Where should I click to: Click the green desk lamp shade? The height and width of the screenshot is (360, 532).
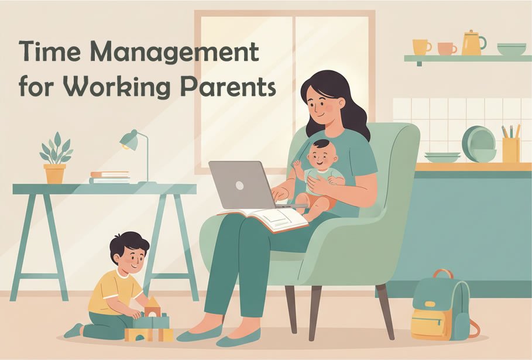pos(128,139)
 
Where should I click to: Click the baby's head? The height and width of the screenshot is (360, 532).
pos(321,154)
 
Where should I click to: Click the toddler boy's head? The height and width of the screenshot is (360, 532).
pos(130,251)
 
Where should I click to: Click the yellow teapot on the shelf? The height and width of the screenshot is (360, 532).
pos(472,43)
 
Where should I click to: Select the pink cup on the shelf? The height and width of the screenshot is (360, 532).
pos(446,49)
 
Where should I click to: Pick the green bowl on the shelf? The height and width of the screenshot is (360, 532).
pos(511,49)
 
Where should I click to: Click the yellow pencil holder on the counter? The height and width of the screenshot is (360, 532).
pos(510,149)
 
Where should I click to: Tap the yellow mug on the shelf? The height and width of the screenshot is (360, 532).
pos(420,47)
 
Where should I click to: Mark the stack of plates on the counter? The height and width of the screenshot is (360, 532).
pos(442,157)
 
